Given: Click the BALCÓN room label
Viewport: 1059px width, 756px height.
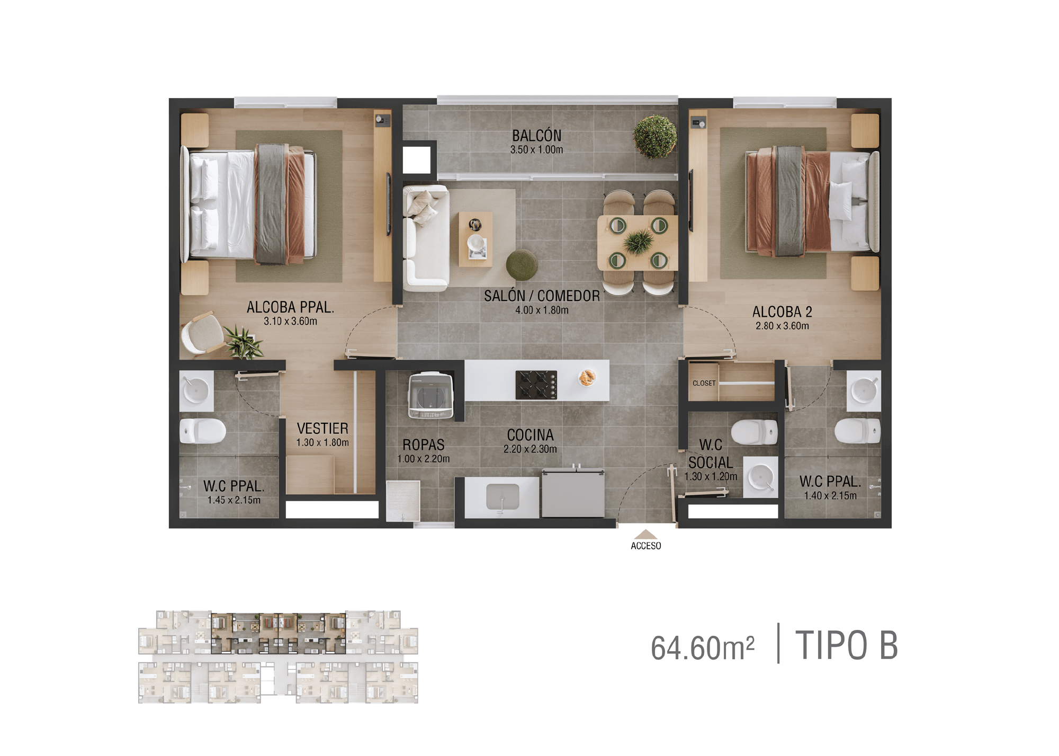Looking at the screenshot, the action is [x=536, y=135].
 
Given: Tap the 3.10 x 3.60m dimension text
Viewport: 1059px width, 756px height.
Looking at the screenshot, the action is [x=290, y=321].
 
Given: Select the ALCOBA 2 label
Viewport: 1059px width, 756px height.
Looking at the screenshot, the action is [x=782, y=312].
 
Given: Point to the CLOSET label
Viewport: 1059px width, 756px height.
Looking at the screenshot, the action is [x=704, y=383].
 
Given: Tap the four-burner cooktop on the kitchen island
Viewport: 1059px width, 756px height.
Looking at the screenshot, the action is [x=536, y=385].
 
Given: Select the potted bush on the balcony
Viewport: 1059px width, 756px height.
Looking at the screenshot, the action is [x=655, y=136].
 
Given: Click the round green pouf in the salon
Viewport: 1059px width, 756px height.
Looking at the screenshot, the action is [x=522, y=264].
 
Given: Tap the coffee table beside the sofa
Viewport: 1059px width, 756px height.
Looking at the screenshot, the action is [x=475, y=239].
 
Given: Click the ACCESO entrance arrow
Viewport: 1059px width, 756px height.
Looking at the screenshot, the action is [x=645, y=534].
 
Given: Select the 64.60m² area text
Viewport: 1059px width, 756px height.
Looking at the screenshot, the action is [x=702, y=647].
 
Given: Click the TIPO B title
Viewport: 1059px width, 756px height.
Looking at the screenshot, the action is [x=846, y=645].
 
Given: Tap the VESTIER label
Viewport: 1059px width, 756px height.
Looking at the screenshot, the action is [x=322, y=428].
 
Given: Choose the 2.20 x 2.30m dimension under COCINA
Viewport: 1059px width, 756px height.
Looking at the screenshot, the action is [x=530, y=449].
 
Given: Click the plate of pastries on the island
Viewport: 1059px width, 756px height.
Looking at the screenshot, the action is [x=587, y=377].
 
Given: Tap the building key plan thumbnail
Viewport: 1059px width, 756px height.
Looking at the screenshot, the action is [x=278, y=657].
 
